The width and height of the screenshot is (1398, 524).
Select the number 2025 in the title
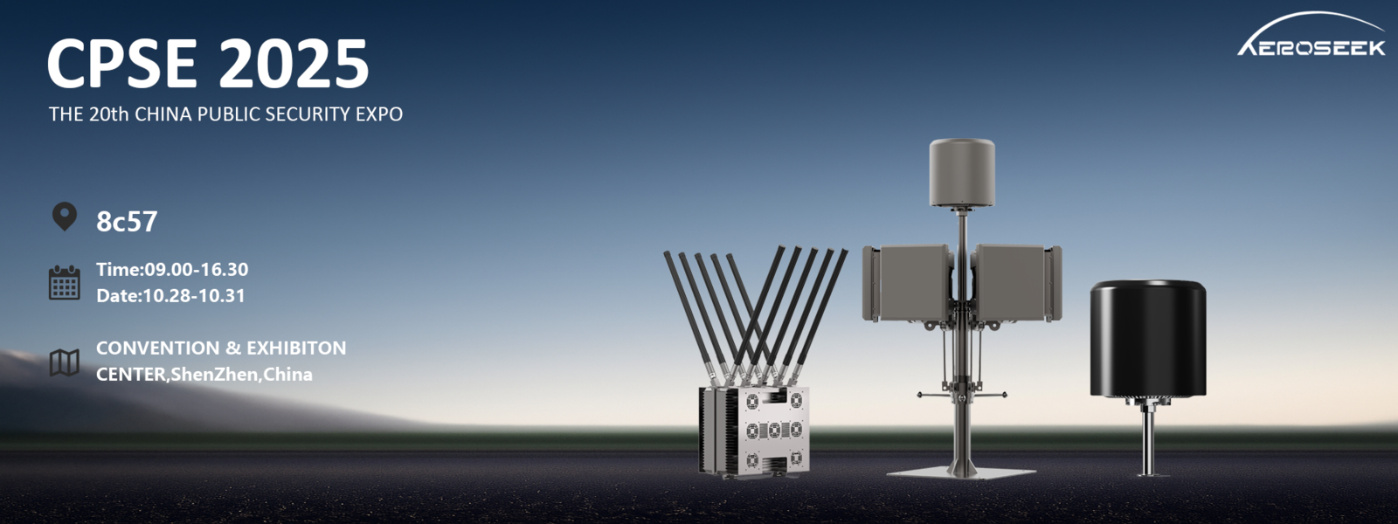pyautogui.click(x=294, y=64)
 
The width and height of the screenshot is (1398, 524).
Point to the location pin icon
pyautogui.click(x=64, y=216)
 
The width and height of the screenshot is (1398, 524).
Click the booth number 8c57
pyautogui.click(x=127, y=222)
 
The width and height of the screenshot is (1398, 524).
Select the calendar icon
pyautogui.click(x=64, y=283)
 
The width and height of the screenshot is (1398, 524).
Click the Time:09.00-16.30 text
pyautogui.click(x=172, y=269)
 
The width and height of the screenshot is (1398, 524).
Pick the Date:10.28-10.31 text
pyautogui.click(x=170, y=295)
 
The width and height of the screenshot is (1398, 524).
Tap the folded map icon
pyautogui.click(x=64, y=362)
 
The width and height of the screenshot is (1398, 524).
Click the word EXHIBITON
pyautogui.click(x=296, y=348)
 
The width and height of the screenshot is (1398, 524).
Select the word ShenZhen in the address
pyautogui.click(x=214, y=374)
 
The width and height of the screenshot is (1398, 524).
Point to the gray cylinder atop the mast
pyautogui.click(x=961, y=172)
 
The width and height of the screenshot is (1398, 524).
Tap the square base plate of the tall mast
pyautogui.click(x=961, y=472)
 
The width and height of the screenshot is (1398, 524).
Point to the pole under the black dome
pyautogui.click(x=1147, y=441)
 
